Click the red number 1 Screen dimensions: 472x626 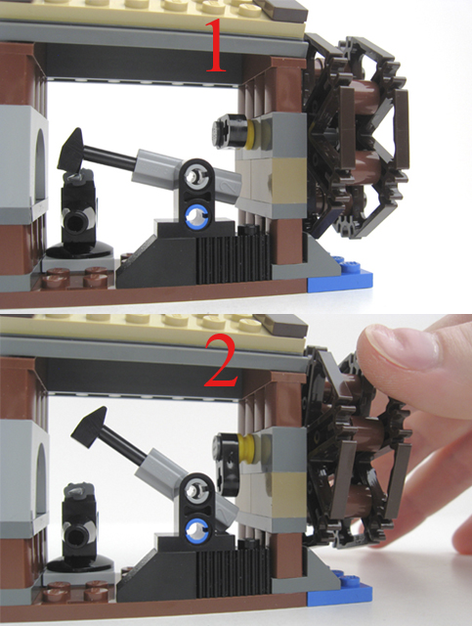[x=216, y=46]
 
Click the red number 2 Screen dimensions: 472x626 [x=222, y=361]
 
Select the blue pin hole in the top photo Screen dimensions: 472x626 [x=195, y=215]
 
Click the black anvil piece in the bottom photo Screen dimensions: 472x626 [x=79, y=527]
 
